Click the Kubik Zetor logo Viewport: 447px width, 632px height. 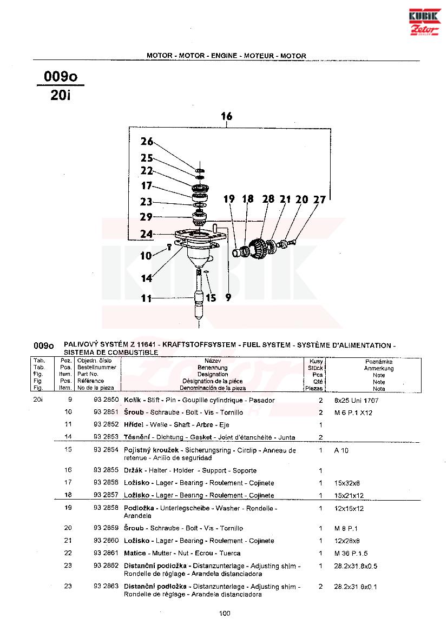coord(425,22)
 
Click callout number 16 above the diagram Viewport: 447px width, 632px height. coord(227,116)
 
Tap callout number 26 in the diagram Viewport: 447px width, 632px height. coord(147,142)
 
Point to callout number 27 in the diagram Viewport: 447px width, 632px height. coord(320,199)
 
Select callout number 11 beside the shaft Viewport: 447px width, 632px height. coord(147,298)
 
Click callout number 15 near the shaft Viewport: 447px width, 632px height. coord(211,298)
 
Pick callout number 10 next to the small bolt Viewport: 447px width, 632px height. coord(146,256)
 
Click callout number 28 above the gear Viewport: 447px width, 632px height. coord(268,199)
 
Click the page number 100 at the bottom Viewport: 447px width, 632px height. coord(225,613)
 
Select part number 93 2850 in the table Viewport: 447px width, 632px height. coord(106,401)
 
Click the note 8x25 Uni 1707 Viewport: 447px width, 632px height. coord(356,401)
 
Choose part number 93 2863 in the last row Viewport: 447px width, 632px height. coord(106,587)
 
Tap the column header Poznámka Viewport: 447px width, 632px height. coord(379,361)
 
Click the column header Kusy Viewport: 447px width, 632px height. coord(316,361)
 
